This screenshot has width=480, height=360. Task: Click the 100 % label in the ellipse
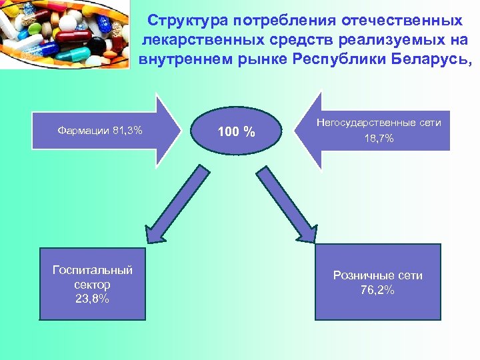coord(237,131)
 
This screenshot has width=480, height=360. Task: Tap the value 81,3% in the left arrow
coord(128,130)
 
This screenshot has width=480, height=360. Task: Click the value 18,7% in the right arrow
coord(379,139)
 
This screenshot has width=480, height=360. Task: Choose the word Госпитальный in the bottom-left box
coord(93,270)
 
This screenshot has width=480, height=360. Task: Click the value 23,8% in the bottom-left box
coord(93,299)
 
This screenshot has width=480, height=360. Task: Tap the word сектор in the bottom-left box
coord(93,285)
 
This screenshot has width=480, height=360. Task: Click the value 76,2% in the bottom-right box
coord(378,289)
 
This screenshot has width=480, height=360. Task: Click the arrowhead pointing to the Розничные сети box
coord(308,231)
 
